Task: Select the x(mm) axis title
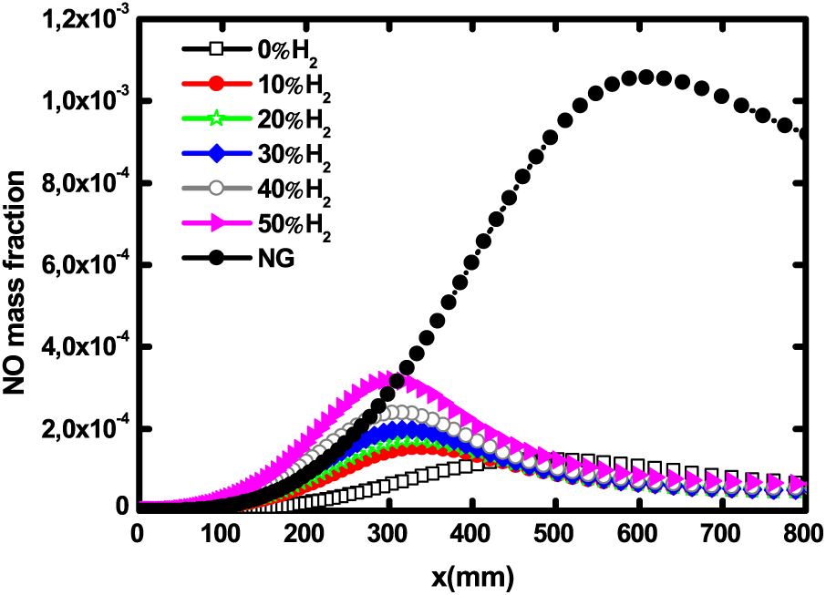click(x=471, y=575)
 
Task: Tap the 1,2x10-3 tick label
click(x=72, y=19)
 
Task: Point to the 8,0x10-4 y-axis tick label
click(x=72, y=183)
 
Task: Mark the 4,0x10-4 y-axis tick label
click(x=72, y=347)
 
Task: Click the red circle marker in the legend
click(x=216, y=85)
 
